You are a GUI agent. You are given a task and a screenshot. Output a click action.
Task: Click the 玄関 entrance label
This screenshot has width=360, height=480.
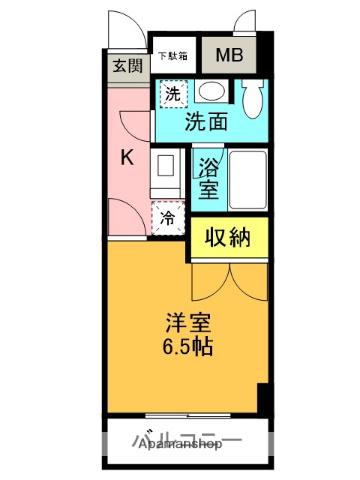pos(126,69)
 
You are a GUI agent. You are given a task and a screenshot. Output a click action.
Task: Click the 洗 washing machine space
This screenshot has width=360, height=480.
pos(172,95)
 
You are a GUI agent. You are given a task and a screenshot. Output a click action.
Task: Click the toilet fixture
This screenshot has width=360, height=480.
pos(251,97)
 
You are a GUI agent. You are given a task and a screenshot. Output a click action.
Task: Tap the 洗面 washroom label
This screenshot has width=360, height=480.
pos(205,123)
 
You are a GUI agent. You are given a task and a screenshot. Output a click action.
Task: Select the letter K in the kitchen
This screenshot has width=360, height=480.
pos(127,157)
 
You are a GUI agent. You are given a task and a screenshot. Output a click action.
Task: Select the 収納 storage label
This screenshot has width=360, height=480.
pos(229,237)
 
